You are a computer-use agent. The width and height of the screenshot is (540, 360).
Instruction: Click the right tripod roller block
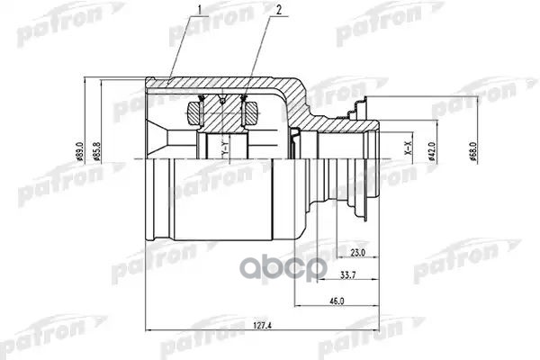pos(251,114)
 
